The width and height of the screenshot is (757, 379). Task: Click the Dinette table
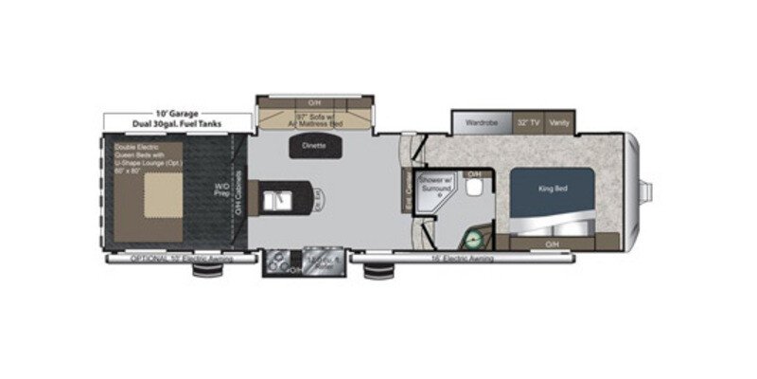(x=315, y=146)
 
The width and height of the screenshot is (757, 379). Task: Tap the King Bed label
(x=552, y=189)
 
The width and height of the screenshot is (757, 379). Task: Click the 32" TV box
(x=528, y=122)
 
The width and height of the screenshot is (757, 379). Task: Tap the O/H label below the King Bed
(x=552, y=244)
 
